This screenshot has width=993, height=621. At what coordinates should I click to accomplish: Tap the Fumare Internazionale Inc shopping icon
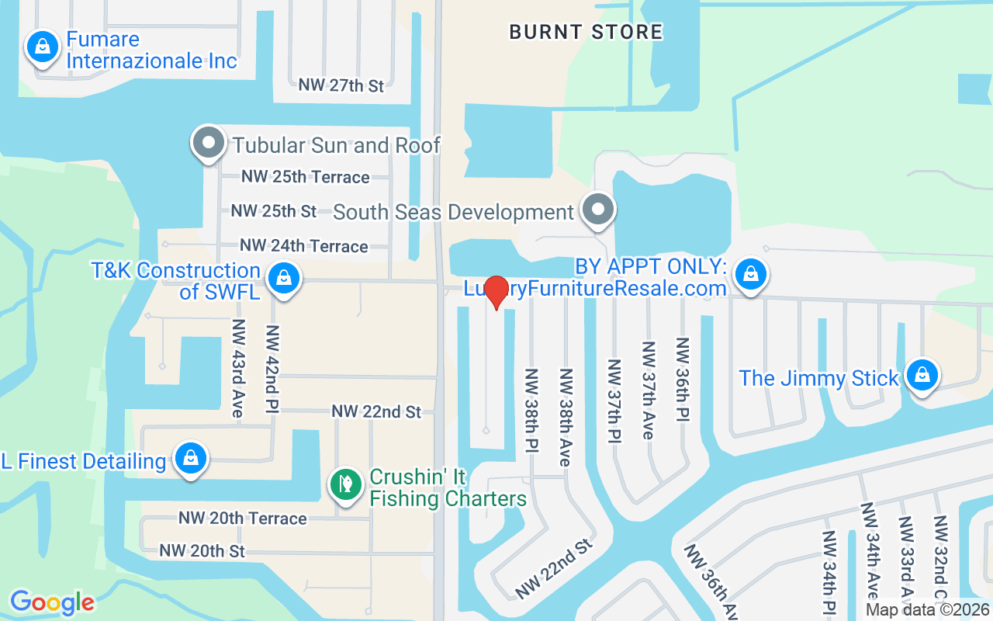pyautogui.click(x=43, y=48)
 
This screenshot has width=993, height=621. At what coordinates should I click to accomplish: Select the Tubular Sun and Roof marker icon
pyautogui.click(x=208, y=143)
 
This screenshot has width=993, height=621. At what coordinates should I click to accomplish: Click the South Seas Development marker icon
pyautogui.click(x=597, y=210)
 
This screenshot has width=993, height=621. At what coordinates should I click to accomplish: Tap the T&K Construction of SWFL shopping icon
pyautogui.click(x=284, y=277)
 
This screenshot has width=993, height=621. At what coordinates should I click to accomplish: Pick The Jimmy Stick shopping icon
pyautogui.click(x=922, y=375)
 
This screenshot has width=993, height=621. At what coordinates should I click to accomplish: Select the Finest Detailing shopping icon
pyautogui.click(x=190, y=458)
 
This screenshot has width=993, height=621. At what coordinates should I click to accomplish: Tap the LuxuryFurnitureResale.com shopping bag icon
pyautogui.click(x=750, y=274)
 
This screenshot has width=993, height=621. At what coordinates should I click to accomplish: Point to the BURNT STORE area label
pyautogui.click(x=586, y=32)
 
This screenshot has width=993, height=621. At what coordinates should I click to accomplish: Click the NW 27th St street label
pyautogui.click(x=341, y=85)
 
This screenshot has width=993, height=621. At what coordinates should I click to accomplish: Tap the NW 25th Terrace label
pyautogui.click(x=305, y=177)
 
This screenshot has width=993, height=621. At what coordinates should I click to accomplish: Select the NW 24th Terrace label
pyautogui.click(x=303, y=246)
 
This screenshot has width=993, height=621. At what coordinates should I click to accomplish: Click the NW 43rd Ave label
pyautogui.click(x=237, y=368)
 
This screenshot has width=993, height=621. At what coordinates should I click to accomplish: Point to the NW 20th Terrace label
pyautogui.click(x=243, y=518)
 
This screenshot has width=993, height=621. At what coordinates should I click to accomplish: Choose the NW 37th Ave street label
pyautogui.click(x=647, y=390)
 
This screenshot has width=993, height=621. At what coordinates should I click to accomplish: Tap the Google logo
pyautogui.click(x=52, y=602)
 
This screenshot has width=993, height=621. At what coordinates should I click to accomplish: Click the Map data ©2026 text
pyautogui.click(x=927, y=610)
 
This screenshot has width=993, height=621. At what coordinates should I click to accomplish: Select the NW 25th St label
pyautogui.click(x=274, y=211)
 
